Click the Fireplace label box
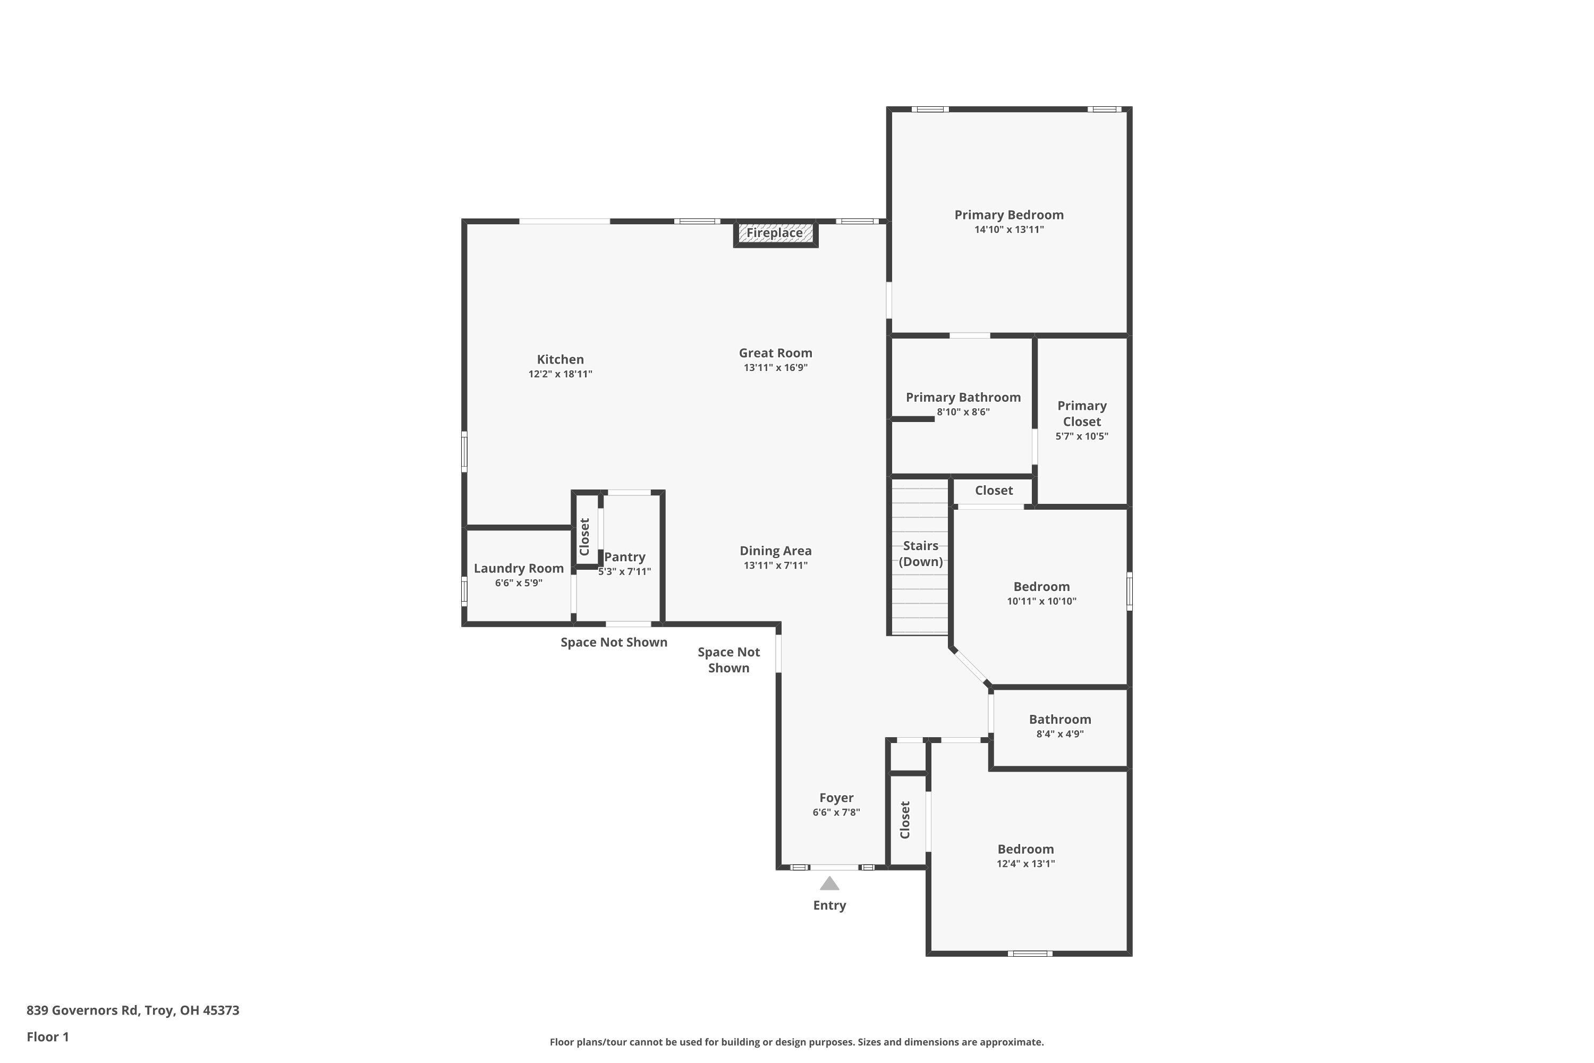775,233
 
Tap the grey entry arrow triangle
829,884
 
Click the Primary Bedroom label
1008,215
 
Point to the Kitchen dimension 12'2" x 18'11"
560,374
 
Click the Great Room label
775,353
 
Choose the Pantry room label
624,557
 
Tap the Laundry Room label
519,569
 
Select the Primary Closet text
1082,414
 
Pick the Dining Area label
775,551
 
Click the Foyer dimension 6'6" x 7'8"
836,812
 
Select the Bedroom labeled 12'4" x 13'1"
1025,856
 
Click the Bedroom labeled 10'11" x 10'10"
1041,593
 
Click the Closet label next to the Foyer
905,820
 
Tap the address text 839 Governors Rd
133,1010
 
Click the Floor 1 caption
47,1036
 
